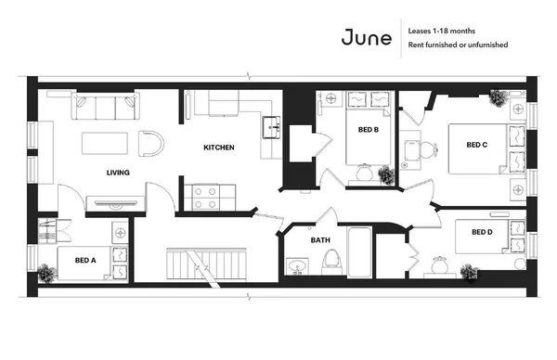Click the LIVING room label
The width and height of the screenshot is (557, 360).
(x=118, y=173)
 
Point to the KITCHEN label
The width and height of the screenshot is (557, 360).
(x=219, y=148)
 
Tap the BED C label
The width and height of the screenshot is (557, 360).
(x=477, y=145)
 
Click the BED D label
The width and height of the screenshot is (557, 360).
(x=482, y=232)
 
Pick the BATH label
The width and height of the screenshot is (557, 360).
(x=320, y=240)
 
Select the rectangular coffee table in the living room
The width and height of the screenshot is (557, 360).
(x=104, y=145)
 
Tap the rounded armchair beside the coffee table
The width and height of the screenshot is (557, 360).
(x=150, y=144)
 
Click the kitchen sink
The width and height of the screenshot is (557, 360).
(x=270, y=126)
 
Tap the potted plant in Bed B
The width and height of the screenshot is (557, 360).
(x=383, y=174)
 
